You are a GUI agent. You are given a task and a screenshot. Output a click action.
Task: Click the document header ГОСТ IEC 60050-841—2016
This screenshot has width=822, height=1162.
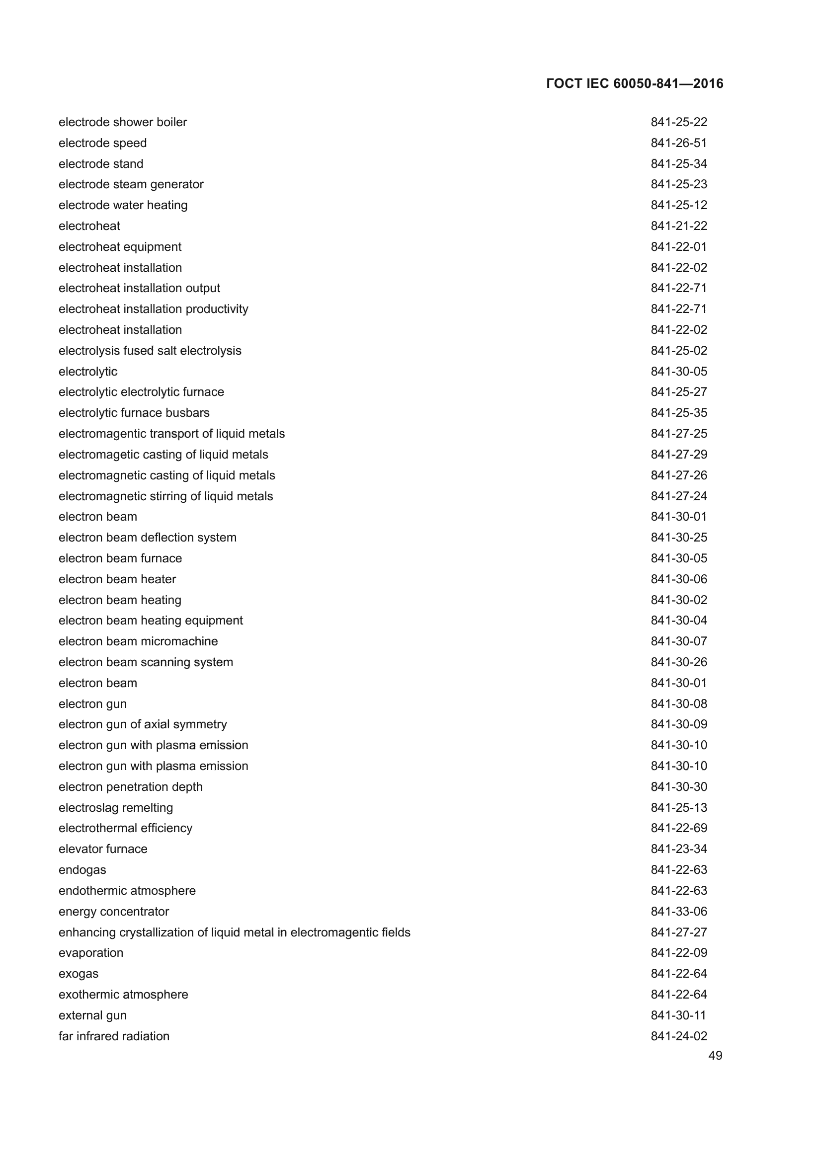635,83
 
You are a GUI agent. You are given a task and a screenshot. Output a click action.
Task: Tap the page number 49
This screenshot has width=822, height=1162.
715,1055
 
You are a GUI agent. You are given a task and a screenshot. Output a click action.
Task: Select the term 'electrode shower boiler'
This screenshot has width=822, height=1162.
122,122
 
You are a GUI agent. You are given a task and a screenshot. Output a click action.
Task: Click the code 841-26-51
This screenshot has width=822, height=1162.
679,143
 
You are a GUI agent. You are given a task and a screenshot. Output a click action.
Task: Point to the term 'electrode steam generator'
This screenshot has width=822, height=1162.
131,184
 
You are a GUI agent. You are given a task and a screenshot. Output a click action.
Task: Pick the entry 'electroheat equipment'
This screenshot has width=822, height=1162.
120,246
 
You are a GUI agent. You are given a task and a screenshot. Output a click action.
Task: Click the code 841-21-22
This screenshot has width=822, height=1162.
679,226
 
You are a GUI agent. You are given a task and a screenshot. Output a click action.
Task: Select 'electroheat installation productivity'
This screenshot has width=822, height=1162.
154,309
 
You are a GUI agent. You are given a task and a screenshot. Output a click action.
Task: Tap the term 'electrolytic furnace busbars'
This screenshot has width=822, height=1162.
134,412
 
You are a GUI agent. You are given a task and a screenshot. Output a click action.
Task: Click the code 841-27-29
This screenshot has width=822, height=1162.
679,454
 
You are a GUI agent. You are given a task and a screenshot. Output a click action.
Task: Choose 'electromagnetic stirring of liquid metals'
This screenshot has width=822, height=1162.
165,496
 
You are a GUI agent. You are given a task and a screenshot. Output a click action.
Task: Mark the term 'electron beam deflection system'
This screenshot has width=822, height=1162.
147,537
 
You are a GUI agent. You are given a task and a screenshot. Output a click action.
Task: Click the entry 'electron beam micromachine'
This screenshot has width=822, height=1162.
138,641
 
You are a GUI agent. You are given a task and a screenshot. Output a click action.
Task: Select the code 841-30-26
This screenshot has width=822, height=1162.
679,662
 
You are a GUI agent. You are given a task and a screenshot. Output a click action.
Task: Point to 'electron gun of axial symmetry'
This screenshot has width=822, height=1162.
143,724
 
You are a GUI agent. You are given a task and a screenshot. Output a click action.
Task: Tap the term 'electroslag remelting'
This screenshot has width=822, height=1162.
115,807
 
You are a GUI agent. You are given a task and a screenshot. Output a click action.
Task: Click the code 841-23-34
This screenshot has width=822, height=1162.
679,849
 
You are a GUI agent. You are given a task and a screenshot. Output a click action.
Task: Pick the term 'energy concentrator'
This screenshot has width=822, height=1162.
114,911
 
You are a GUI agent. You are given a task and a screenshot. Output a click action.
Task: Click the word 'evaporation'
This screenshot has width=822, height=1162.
91,952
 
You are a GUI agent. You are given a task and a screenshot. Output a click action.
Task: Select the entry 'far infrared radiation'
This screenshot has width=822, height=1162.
114,1036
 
